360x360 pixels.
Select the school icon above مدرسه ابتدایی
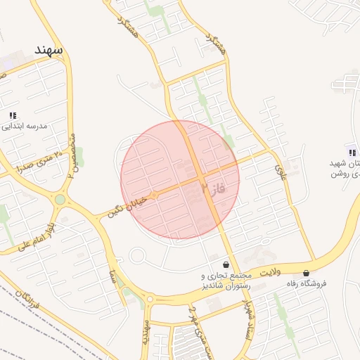13,115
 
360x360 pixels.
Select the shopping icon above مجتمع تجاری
226,264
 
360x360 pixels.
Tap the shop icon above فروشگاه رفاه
306,273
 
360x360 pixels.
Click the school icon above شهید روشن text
351,153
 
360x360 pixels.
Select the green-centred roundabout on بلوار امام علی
60,200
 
